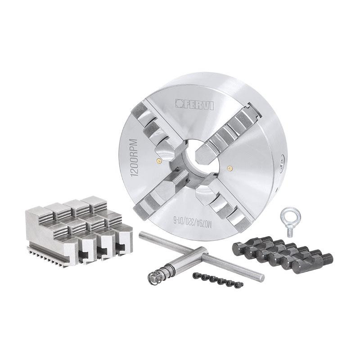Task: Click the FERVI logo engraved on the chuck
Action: coord(194,105)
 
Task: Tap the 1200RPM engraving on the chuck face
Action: coord(134,158)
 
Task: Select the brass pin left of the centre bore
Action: coord(158,160)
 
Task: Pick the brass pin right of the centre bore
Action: coord(229,168)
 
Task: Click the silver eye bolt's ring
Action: coord(288,217)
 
